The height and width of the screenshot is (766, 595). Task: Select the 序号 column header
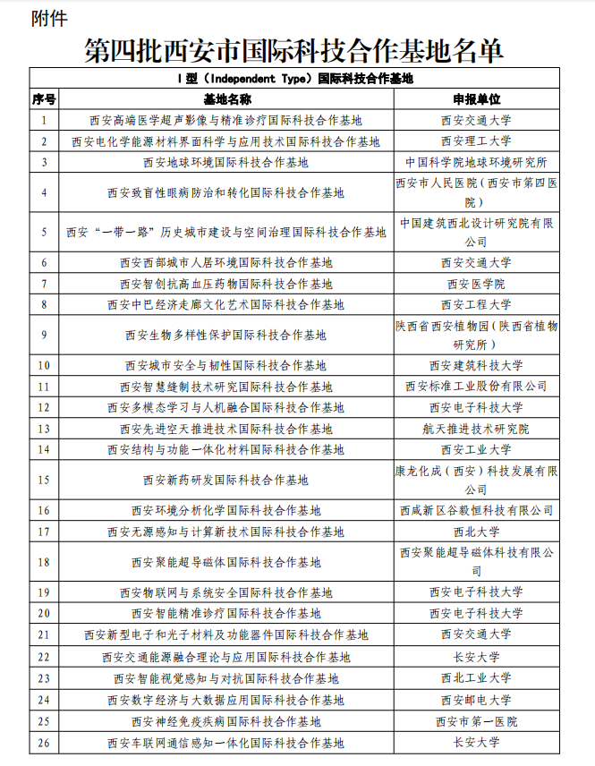[44, 98]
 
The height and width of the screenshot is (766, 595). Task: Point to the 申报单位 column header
[476, 98]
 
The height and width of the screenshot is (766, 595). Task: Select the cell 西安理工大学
[476, 140]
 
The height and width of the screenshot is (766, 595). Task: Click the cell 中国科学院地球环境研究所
[476, 162]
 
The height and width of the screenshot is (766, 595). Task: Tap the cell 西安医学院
[476, 284]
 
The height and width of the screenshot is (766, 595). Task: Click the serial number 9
[44, 336]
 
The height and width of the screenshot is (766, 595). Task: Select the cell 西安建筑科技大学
[476, 365]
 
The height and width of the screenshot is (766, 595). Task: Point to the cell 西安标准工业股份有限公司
[476, 387]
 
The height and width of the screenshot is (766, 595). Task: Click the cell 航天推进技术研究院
[476, 429]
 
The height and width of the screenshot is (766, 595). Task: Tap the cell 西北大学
[476, 532]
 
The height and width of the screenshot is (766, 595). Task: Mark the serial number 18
[44, 562]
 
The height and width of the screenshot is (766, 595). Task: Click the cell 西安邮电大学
[476, 700]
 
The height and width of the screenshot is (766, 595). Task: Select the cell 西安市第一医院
[476, 721]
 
